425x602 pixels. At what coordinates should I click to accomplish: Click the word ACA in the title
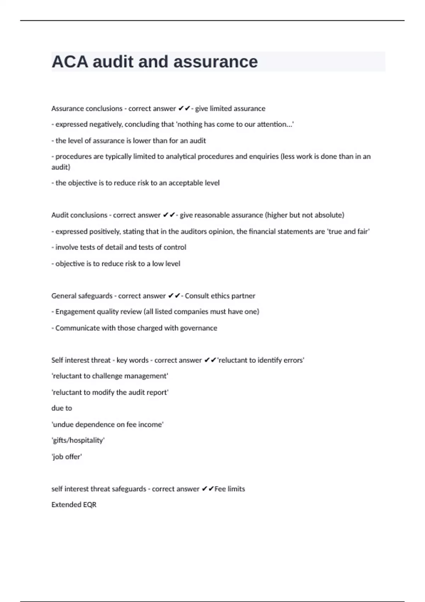[x=70, y=62]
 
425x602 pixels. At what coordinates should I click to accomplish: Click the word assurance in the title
[x=215, y=62]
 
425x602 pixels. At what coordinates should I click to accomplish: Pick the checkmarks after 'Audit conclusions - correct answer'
[x=169, y=215]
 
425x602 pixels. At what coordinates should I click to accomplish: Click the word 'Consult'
[x=196, y=296]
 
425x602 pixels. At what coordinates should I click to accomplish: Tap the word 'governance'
[x=198, y=328]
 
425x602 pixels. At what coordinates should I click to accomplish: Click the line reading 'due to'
[x=62, y=408]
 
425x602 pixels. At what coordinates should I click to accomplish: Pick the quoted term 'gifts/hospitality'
[x=78, y=441]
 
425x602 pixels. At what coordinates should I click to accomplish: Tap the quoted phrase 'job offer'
[x=67, y=457]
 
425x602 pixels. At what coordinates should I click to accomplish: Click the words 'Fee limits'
[x=229, y=489]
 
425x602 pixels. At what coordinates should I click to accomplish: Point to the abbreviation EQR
[x=89, y=505]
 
